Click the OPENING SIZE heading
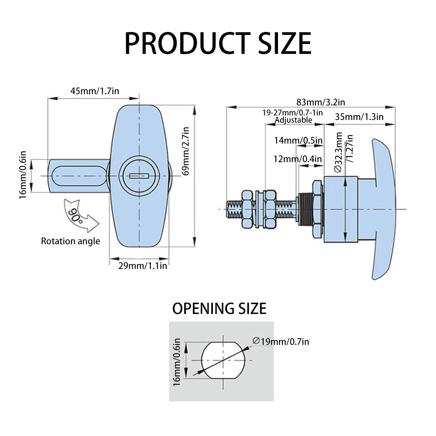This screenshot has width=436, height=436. (219, 308)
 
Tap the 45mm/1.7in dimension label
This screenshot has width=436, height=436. (94, 90)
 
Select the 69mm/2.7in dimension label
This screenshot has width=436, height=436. (186, 151)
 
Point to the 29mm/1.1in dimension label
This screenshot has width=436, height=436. (143, 266)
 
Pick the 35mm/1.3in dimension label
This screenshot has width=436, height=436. (359, 117)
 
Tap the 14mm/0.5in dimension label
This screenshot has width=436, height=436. (298, 140)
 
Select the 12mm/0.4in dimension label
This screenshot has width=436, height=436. (298, 159)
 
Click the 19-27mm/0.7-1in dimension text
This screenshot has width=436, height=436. (293, 113)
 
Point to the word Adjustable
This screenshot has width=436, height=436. (294, 120)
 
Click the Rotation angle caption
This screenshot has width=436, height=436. (70, 241)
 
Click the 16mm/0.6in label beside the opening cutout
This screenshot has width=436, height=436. (177, 362)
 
